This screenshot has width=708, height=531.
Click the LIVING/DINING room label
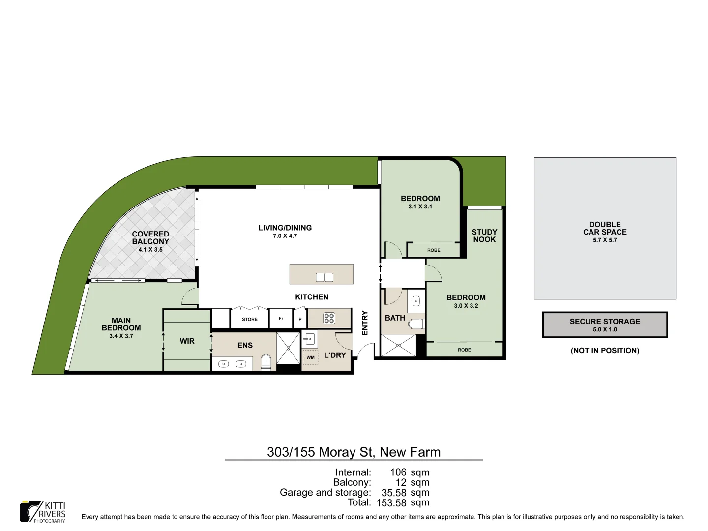click(285, 228)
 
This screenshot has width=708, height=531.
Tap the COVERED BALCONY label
click(150, 238)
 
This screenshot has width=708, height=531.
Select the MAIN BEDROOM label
click(121, 324)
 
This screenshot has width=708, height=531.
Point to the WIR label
click(187, 341)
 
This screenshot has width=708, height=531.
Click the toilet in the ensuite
click(265, 362)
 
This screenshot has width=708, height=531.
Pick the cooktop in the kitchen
click(329, 319)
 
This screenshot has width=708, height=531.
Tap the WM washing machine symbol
click(310, 357)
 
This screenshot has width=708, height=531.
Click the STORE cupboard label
click(250, 319)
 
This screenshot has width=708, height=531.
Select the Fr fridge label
click(281, 319)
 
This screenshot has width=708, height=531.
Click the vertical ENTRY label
click(365, 323)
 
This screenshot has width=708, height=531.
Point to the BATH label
click(395, 318)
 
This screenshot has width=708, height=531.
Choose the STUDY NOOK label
click(484, 236)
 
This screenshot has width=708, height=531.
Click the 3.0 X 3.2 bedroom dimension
click(466, 306)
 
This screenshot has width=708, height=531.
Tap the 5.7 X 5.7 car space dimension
click(605, 240)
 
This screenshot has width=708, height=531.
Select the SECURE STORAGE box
click(605, 324)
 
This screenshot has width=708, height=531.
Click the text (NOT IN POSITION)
click(605, 351)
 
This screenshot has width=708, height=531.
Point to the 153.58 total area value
click(391, 503)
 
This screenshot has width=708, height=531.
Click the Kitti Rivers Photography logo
click(43, 512)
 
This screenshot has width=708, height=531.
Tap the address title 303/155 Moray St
click(354, 452)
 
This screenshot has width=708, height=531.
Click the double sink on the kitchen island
click(324, 277)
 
